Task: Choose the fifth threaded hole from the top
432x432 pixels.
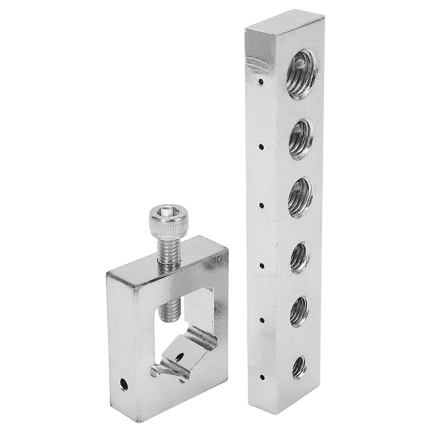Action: click(299, 312)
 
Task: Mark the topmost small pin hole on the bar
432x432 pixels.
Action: click(260, 81)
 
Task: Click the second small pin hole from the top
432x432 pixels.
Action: click(261, 147)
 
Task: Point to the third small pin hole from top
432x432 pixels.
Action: click(261, 206)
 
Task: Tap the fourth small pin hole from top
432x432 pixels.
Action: click(262, 266)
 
